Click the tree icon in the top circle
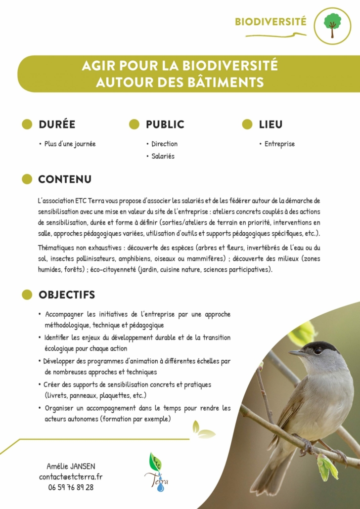(332, 25)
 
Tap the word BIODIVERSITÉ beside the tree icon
(270, 22)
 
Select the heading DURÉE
(57, 124)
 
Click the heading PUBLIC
(165, 124)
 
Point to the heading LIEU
(270, 124)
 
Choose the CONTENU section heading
(65, 179)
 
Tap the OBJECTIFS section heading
(67, 295)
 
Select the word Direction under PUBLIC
(164, 144)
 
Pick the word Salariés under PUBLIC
(163, 156)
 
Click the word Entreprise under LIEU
(279, 144)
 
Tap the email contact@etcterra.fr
(71, 477)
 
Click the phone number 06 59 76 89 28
(71, 487)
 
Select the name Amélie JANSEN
(71, 466)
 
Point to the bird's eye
(317, 350)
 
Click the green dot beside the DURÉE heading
(27, 125)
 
